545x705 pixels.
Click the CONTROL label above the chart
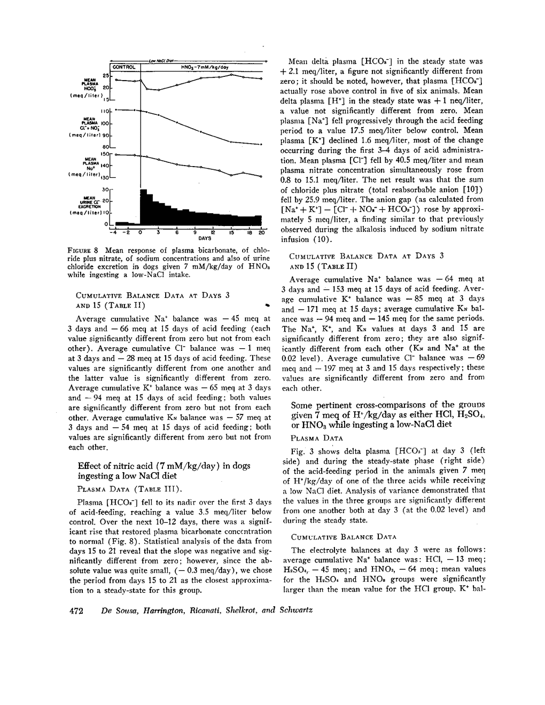point(124,67)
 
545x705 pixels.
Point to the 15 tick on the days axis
point(231,232)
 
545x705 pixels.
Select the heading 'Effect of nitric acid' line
point(163,466)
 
